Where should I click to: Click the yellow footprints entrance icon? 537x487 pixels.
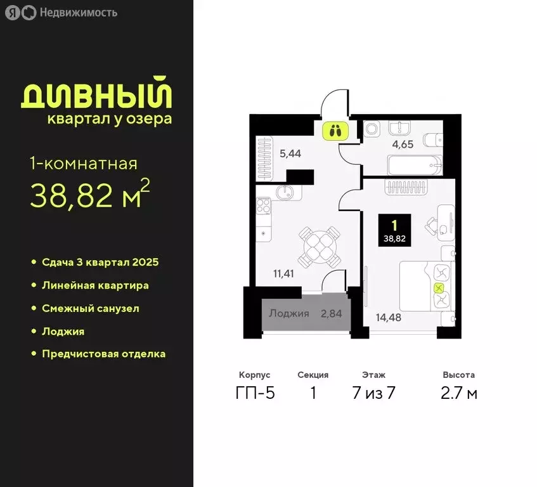335,131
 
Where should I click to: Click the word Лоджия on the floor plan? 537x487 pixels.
289,313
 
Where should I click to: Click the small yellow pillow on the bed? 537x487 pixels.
438,288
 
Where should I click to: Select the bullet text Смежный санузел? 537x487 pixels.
90,308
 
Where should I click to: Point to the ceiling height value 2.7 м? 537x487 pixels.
459,393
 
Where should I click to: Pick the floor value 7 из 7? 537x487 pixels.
373,393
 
